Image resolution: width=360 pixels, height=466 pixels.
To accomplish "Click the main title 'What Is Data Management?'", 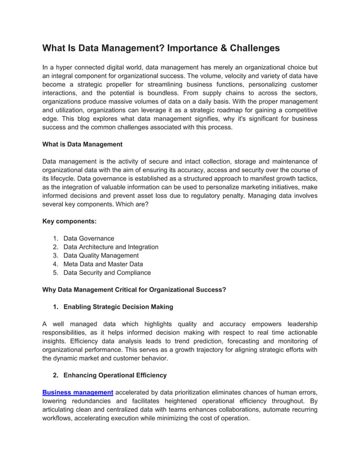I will coord(113,49).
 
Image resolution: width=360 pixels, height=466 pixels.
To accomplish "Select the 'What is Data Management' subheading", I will coord(82,144).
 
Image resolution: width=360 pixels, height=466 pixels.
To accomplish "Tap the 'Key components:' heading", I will coord(69,222).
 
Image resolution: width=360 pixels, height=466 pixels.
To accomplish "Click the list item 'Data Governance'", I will coord(89,239).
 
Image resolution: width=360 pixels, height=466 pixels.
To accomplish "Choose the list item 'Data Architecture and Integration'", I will coord(111,247).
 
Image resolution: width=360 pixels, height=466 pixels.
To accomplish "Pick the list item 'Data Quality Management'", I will coord(100,256).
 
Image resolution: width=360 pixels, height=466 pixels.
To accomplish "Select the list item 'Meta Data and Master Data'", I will coord(103,264).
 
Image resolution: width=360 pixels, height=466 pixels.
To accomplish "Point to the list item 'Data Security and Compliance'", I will coord(107,272).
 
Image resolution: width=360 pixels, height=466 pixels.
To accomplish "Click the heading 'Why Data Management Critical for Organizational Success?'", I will coord(134,290).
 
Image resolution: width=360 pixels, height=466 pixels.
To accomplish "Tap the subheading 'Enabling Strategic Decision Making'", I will coord(118,307).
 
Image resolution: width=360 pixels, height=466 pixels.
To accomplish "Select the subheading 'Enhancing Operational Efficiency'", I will coord(115,375).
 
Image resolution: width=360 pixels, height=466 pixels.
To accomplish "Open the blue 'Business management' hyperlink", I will coord(78,392).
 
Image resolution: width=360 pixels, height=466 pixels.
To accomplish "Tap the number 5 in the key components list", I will coord(55,272).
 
